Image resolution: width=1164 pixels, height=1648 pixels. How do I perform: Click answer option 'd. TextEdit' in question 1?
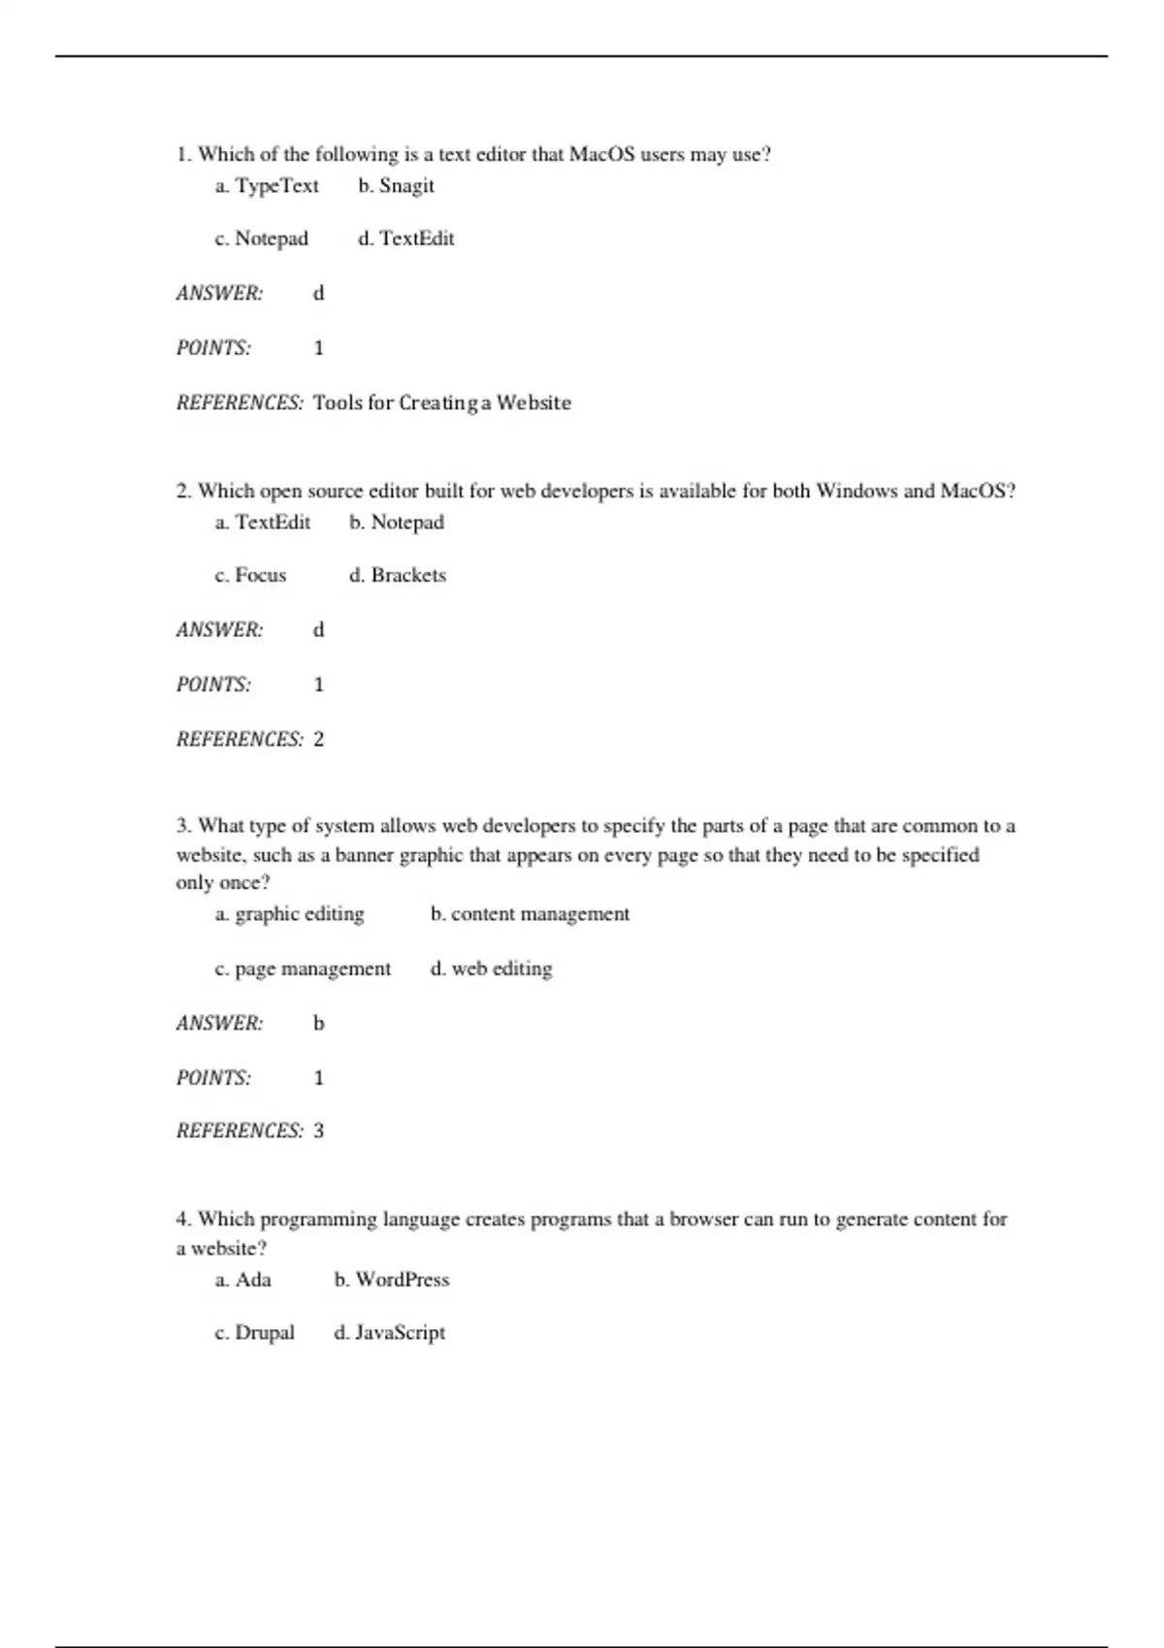(405, 238)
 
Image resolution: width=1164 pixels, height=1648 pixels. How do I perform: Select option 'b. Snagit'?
(396, 185)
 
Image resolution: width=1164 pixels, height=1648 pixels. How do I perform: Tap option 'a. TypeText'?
(267, 185)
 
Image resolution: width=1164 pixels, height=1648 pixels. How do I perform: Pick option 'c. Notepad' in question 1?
(262, 238)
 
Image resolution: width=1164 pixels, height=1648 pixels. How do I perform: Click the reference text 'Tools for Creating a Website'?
(441, 402)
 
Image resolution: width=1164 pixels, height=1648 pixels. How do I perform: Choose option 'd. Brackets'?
(398, 575)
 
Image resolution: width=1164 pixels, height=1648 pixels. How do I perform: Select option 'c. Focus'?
(251, 575)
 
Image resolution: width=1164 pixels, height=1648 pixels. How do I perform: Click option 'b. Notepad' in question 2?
(397, 523)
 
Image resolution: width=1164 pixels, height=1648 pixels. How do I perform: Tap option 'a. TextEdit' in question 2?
(263, 523)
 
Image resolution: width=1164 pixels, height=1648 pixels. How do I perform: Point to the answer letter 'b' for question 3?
(318, 1023)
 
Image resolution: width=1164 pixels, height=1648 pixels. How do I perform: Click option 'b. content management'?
(530, 914)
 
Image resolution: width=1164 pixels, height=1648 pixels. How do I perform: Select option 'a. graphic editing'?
(290, 914)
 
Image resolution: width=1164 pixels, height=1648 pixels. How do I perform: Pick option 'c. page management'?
(303, 968)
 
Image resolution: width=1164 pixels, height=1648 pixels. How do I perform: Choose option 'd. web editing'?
(491, 968)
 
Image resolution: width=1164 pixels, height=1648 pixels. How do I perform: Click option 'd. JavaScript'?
(389, 1333)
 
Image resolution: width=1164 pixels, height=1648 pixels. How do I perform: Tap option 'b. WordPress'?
(392, 1280)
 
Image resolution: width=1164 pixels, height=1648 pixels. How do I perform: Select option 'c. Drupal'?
(255, 1333)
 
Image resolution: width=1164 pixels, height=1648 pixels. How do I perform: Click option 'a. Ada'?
(243, 1280)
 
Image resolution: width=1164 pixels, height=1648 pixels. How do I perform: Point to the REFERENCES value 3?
(318, 1130)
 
